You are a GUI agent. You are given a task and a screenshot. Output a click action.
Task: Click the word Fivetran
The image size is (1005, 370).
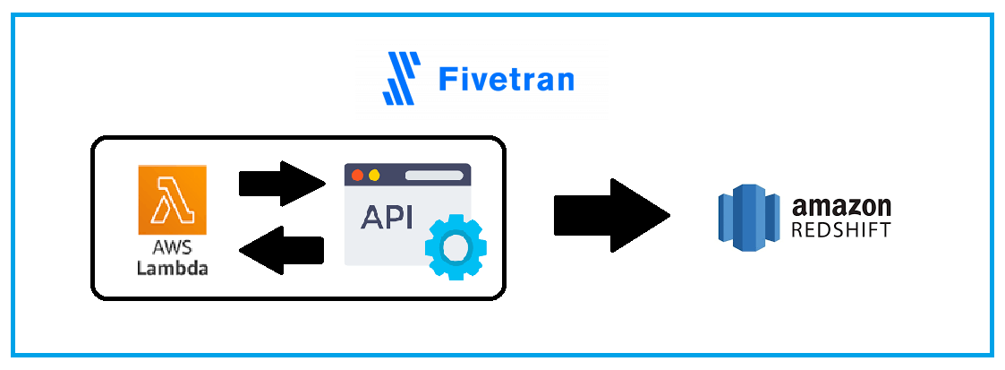pyautogui.click(x=506, y=80)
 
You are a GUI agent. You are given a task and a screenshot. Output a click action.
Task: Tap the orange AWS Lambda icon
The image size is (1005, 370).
pyautogui.click(x=172, y=199)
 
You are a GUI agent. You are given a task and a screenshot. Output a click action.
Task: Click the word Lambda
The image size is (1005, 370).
pyautogui.click(x=172, y=267)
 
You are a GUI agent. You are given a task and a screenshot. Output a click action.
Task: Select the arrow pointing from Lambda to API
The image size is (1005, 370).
pyautogui.click(x=281, y=183)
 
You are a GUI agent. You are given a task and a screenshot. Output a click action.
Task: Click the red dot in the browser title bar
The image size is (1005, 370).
pyautogui.click(x=358, y=175)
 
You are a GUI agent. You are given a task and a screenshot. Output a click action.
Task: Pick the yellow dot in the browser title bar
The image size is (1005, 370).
pyautogui.click(x=374, y=175)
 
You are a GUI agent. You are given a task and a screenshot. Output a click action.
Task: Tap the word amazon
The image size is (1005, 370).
pyautogui.click(x=840, y=206)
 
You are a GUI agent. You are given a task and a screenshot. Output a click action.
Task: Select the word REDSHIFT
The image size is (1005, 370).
pyautogui.click(x=840, y=230)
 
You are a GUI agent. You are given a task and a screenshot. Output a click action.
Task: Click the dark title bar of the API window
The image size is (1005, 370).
pyautogui.click(x=407, y=175)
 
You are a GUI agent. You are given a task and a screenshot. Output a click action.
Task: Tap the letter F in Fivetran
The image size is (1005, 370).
pyautogui.click(x=447, y=80)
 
